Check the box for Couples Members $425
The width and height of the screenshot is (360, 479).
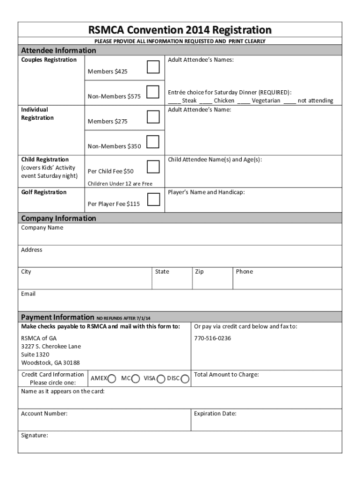153,67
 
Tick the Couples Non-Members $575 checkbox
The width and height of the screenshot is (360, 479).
153,92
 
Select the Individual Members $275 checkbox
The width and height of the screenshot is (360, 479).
153,117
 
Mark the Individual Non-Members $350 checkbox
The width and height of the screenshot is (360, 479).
153,142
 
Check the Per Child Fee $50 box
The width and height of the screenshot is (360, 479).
153,167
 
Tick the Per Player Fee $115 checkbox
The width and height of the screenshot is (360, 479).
153,199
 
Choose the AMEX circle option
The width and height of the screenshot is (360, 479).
112,378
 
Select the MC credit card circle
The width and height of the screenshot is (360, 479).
136,378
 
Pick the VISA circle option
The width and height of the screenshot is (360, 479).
161,378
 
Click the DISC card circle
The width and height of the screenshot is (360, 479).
185,378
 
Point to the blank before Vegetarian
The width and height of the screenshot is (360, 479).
243,101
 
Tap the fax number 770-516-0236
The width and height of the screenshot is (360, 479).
212,338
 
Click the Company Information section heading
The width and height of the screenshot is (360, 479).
58,218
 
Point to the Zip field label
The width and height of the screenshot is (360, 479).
199,272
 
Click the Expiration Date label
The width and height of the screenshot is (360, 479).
215,414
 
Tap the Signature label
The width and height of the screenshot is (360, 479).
34,435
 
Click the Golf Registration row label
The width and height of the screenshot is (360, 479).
43,192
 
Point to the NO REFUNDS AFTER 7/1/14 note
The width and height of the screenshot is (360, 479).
123,318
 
